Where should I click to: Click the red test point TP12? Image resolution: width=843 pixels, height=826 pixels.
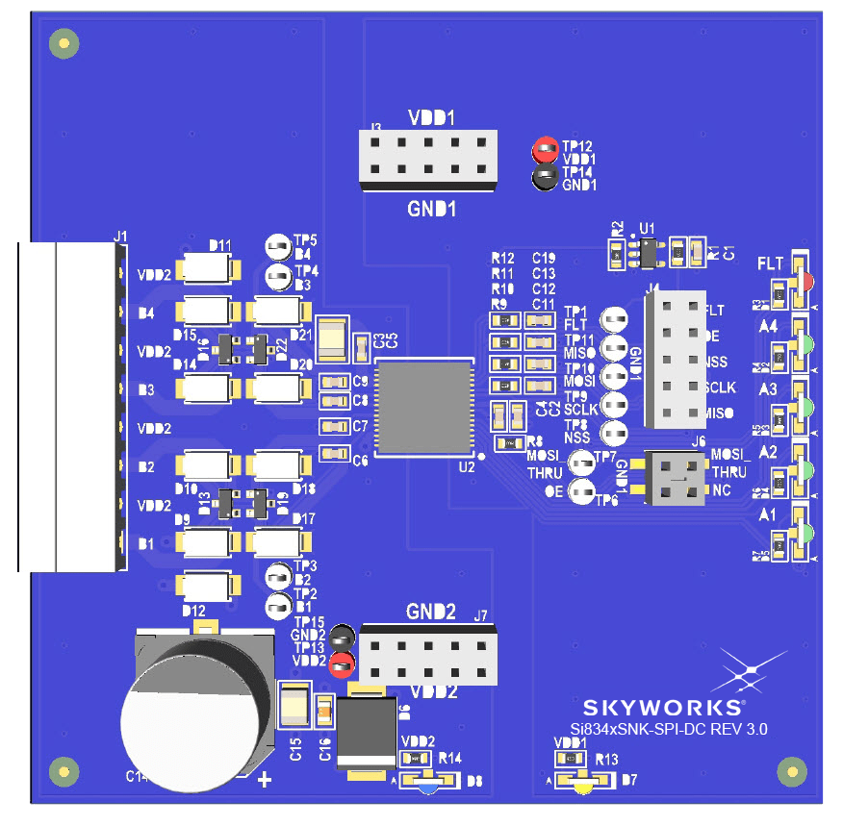tap(546, 149)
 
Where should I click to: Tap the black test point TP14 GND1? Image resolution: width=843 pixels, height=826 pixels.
tap(546, 176)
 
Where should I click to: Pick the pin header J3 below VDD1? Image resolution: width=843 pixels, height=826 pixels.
tap(427, 159)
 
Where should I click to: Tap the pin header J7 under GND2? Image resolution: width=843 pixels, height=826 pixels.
tap(429, 656)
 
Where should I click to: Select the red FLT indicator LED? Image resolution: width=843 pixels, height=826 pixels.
tap(805, 280)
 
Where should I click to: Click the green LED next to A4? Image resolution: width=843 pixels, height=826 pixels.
tap(805, 343)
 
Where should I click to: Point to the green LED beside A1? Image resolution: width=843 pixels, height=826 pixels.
tap(805, 533)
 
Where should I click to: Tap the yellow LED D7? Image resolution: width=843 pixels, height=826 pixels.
tap(582, 785)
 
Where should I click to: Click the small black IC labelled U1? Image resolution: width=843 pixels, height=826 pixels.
tap(648, 252)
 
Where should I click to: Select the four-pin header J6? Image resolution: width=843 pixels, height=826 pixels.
tap(675, 477)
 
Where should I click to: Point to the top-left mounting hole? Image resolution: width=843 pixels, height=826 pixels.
tap(64, 42)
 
